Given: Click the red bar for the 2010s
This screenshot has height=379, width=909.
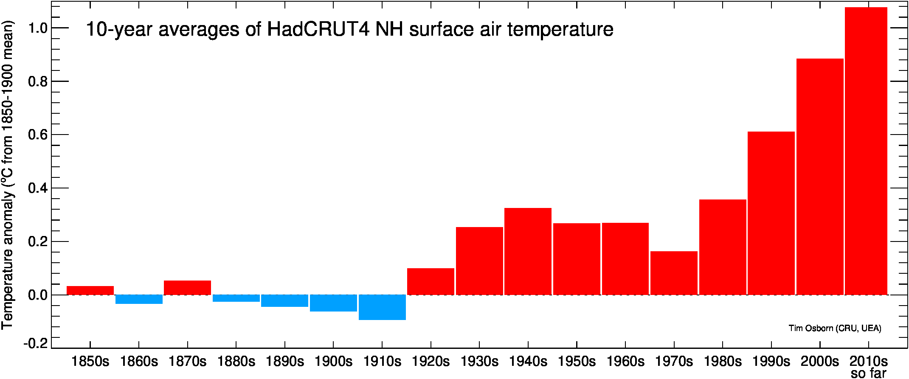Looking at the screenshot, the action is (x=866, y=151).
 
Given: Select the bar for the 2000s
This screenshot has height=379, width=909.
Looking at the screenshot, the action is (x=820, y=177).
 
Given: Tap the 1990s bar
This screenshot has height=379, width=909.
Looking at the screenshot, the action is (x=771, y=213).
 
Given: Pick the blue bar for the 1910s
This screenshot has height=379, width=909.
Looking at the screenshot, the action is (x=382, y=307).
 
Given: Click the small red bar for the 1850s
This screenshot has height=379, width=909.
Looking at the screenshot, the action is (x=90, y=290).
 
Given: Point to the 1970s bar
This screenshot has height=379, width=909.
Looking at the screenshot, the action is (x=674, y=273).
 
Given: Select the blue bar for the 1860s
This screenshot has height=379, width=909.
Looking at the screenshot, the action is (x=139, y=299).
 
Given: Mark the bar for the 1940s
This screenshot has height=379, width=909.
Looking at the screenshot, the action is (x=528, y=251).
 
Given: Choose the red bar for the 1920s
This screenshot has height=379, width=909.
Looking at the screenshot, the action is (x=431, y=281).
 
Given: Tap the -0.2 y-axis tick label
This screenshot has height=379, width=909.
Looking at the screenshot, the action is (x=36, y=343).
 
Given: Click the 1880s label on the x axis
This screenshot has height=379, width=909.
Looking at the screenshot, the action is (x=236, y=362).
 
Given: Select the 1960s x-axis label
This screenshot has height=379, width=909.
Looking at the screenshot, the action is (x=625, y=362).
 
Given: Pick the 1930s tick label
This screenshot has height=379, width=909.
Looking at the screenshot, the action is (x=479, y=362).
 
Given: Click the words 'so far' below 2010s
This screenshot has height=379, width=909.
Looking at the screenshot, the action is (x=869, y=373).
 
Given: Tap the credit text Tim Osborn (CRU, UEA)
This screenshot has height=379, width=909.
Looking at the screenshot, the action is (x=835, y=328).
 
